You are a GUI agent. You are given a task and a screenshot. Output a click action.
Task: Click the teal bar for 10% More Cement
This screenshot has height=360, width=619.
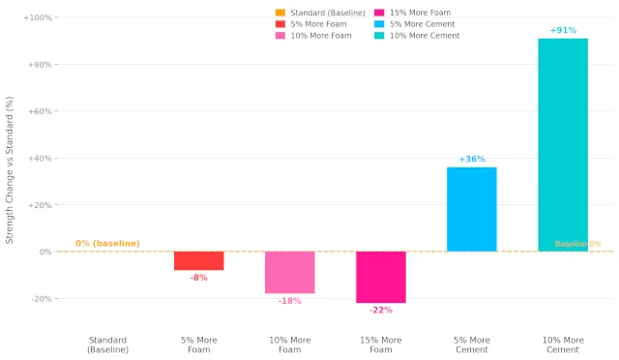point(563,144)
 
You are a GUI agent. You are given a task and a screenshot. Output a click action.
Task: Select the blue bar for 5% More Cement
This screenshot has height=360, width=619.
point(472,209)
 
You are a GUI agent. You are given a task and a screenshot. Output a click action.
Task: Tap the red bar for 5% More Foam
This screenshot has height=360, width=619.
point(199,261)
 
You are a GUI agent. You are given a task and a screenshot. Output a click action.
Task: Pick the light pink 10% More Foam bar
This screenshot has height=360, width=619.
point(290,272)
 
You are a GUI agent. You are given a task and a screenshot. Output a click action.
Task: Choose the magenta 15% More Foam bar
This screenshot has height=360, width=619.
point(381,277)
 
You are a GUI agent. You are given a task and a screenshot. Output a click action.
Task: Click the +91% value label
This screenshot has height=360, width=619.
point(563,30)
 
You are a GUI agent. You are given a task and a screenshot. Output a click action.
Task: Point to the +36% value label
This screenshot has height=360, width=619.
point(472,159)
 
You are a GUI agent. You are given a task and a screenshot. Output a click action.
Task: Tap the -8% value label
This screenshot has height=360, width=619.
point(199,278)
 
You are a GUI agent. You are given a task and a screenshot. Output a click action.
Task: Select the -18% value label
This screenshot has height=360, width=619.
point(290,301)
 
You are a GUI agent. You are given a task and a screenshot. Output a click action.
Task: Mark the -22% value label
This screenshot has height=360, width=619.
point(381,310)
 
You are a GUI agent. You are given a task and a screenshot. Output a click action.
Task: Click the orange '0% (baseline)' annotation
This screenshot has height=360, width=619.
point(107,244)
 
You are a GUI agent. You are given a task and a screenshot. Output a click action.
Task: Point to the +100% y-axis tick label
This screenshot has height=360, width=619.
point(38,17)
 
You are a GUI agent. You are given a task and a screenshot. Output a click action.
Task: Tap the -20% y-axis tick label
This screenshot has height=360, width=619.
point(42,299)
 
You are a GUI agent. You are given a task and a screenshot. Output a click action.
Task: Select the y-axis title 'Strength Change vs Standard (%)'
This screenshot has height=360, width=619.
point(10,170)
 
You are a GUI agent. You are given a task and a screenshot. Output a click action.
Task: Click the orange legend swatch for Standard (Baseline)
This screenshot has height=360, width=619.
point(280,13)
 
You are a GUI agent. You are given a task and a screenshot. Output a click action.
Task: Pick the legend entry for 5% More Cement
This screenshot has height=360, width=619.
point(415,24)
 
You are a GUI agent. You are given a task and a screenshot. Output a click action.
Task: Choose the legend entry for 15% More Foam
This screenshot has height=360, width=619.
point(413,13)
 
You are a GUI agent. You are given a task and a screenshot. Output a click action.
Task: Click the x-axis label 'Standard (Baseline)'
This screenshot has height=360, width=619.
point(107,345)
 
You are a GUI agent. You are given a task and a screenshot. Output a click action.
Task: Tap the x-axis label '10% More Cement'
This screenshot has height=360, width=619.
point(563,345)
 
